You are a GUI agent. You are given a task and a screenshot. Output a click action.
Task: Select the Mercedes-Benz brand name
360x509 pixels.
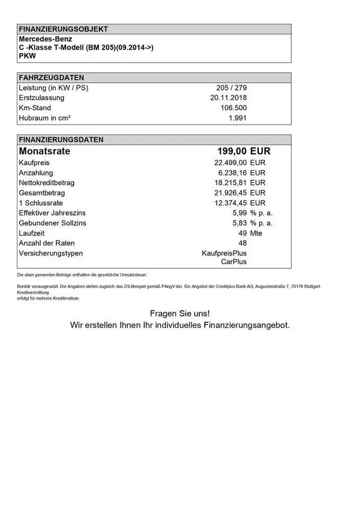coord(46,39)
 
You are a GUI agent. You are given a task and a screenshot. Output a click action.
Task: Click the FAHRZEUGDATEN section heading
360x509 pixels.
coord(51,77)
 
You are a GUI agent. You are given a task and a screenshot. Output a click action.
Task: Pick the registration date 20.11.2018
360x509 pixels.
coord(228,98)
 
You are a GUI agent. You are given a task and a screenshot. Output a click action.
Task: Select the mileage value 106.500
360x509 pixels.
coord(233,108)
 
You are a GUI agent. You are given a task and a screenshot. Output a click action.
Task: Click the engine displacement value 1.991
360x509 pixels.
coord(238,118)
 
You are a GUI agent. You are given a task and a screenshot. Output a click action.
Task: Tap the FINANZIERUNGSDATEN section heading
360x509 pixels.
coord(61,140)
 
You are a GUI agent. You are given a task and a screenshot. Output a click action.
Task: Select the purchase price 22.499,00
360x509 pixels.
coord(230,162)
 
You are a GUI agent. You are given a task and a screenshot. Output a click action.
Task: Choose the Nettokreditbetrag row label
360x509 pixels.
coord(46,182)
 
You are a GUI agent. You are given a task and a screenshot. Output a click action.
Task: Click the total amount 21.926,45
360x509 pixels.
coord(230,192)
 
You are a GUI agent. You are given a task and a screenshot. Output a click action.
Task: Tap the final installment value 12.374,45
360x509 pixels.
coord(230,203)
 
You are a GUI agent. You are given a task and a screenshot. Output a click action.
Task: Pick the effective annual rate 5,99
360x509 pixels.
coord(240,213)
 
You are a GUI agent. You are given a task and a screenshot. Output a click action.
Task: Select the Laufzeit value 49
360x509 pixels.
coord(242,233)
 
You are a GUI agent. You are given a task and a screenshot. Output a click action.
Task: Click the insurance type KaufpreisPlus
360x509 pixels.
coord(224,253)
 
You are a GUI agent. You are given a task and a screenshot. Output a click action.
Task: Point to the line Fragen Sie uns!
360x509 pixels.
coord(180,313)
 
